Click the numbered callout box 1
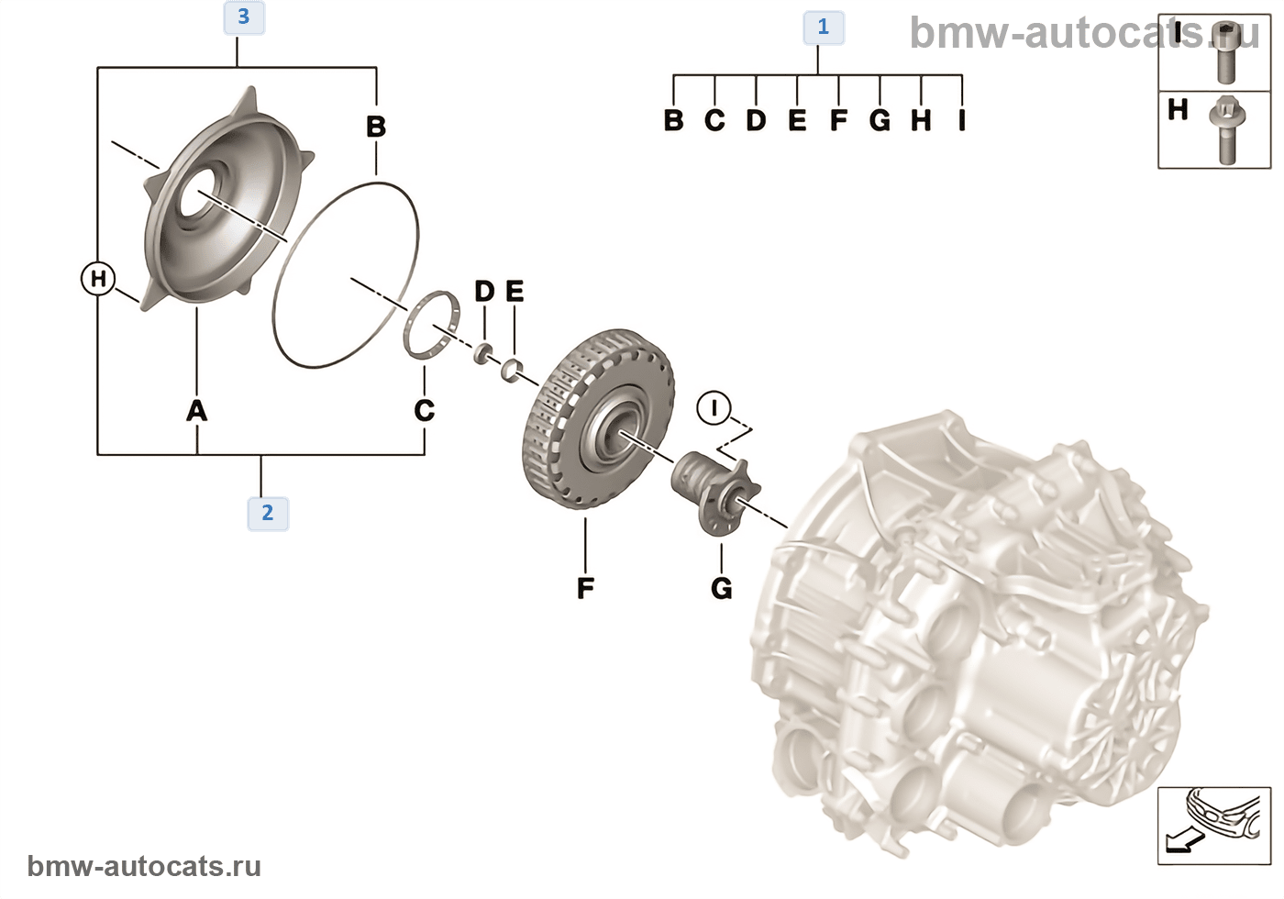[823, 28]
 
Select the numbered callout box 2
[267, 512]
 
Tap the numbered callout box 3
[243, 17]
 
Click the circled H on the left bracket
[98, 278]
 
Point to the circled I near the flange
[714, 406]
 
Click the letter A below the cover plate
[196, 410]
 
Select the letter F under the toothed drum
[585, 587]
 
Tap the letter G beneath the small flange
[722, 587]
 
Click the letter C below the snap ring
[424, 410]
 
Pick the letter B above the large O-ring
[376, 127]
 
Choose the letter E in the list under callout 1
[797, 120]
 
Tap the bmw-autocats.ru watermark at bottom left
[144, 866]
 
